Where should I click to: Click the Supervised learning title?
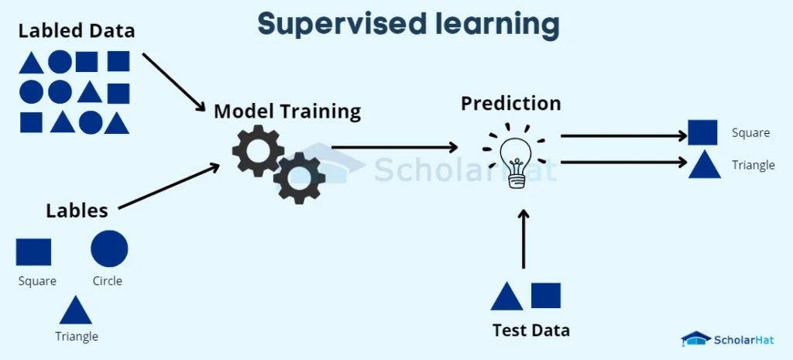(408, 24)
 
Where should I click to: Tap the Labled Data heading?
(77, 32)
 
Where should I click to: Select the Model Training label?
(287, 111)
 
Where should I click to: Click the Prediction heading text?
(510, 103)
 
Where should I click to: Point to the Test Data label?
(530, 331)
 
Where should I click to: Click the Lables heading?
(77, 211)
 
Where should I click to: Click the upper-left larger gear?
(258, 149)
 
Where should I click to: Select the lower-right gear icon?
(299, 178)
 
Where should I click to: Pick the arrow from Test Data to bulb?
(524, 239)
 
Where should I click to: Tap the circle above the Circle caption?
(109, 249)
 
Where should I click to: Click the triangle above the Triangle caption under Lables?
(76, 310)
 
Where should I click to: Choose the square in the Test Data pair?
(546, 296)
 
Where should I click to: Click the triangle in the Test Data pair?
(506, 297)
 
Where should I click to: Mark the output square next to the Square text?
(702, 132)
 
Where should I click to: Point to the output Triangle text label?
(753, 166)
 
